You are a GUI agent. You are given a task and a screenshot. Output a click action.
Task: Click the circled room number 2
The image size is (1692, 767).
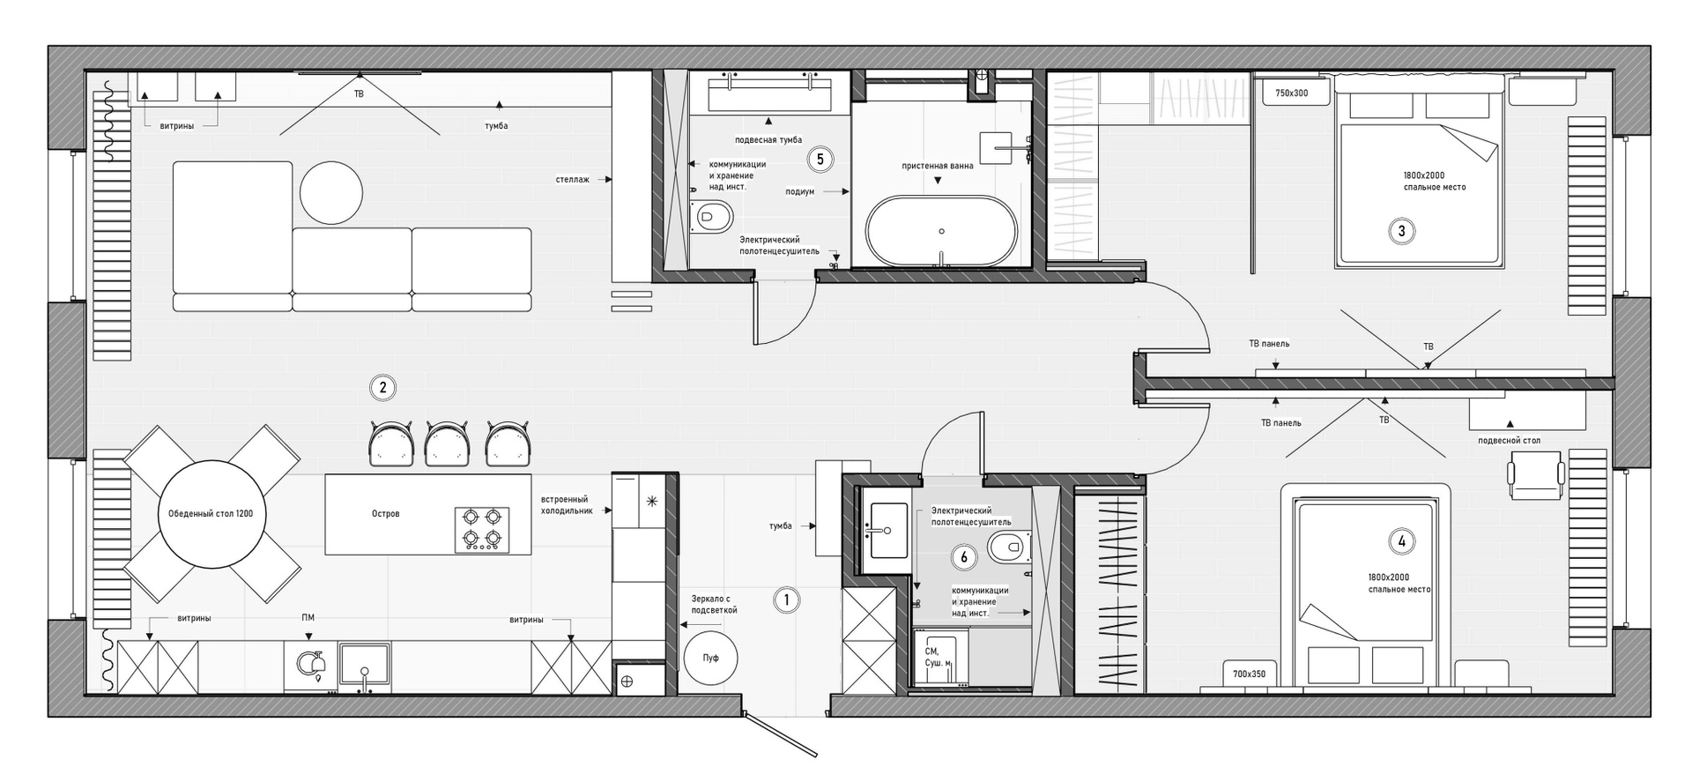coord(382,387)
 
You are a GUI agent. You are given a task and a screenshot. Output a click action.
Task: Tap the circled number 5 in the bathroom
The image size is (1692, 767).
coord(820,160)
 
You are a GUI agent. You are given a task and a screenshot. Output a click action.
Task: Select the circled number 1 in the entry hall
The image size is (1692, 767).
coord(786,600)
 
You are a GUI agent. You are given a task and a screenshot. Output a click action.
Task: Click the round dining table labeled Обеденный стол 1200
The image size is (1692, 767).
coord(211,513)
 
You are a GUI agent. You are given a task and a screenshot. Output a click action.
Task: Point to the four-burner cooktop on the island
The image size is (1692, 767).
coord(482,529)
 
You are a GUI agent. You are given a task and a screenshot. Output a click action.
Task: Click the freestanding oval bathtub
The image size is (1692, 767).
coord(941,231)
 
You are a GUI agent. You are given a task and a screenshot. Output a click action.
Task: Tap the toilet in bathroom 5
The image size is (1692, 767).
coord(713,216)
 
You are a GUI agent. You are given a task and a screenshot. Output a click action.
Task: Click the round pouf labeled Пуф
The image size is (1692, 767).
coord(710,658)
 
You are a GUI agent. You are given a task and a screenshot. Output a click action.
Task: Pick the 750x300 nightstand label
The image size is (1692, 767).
coord(1292,93)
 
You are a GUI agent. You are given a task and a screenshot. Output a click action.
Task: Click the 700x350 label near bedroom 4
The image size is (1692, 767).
coord(1249,674)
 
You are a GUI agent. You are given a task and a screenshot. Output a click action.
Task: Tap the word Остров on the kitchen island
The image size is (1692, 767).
coord(386,514)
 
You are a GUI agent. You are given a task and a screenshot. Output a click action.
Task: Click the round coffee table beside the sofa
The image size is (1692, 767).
coord(330,192)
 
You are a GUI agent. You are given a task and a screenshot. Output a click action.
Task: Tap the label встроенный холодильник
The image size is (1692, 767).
coord(565,505)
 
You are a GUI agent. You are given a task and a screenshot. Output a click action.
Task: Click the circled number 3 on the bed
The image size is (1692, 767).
coord(1401,232)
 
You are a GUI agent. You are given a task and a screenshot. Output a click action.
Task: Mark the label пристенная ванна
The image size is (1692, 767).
coord(938,166)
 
